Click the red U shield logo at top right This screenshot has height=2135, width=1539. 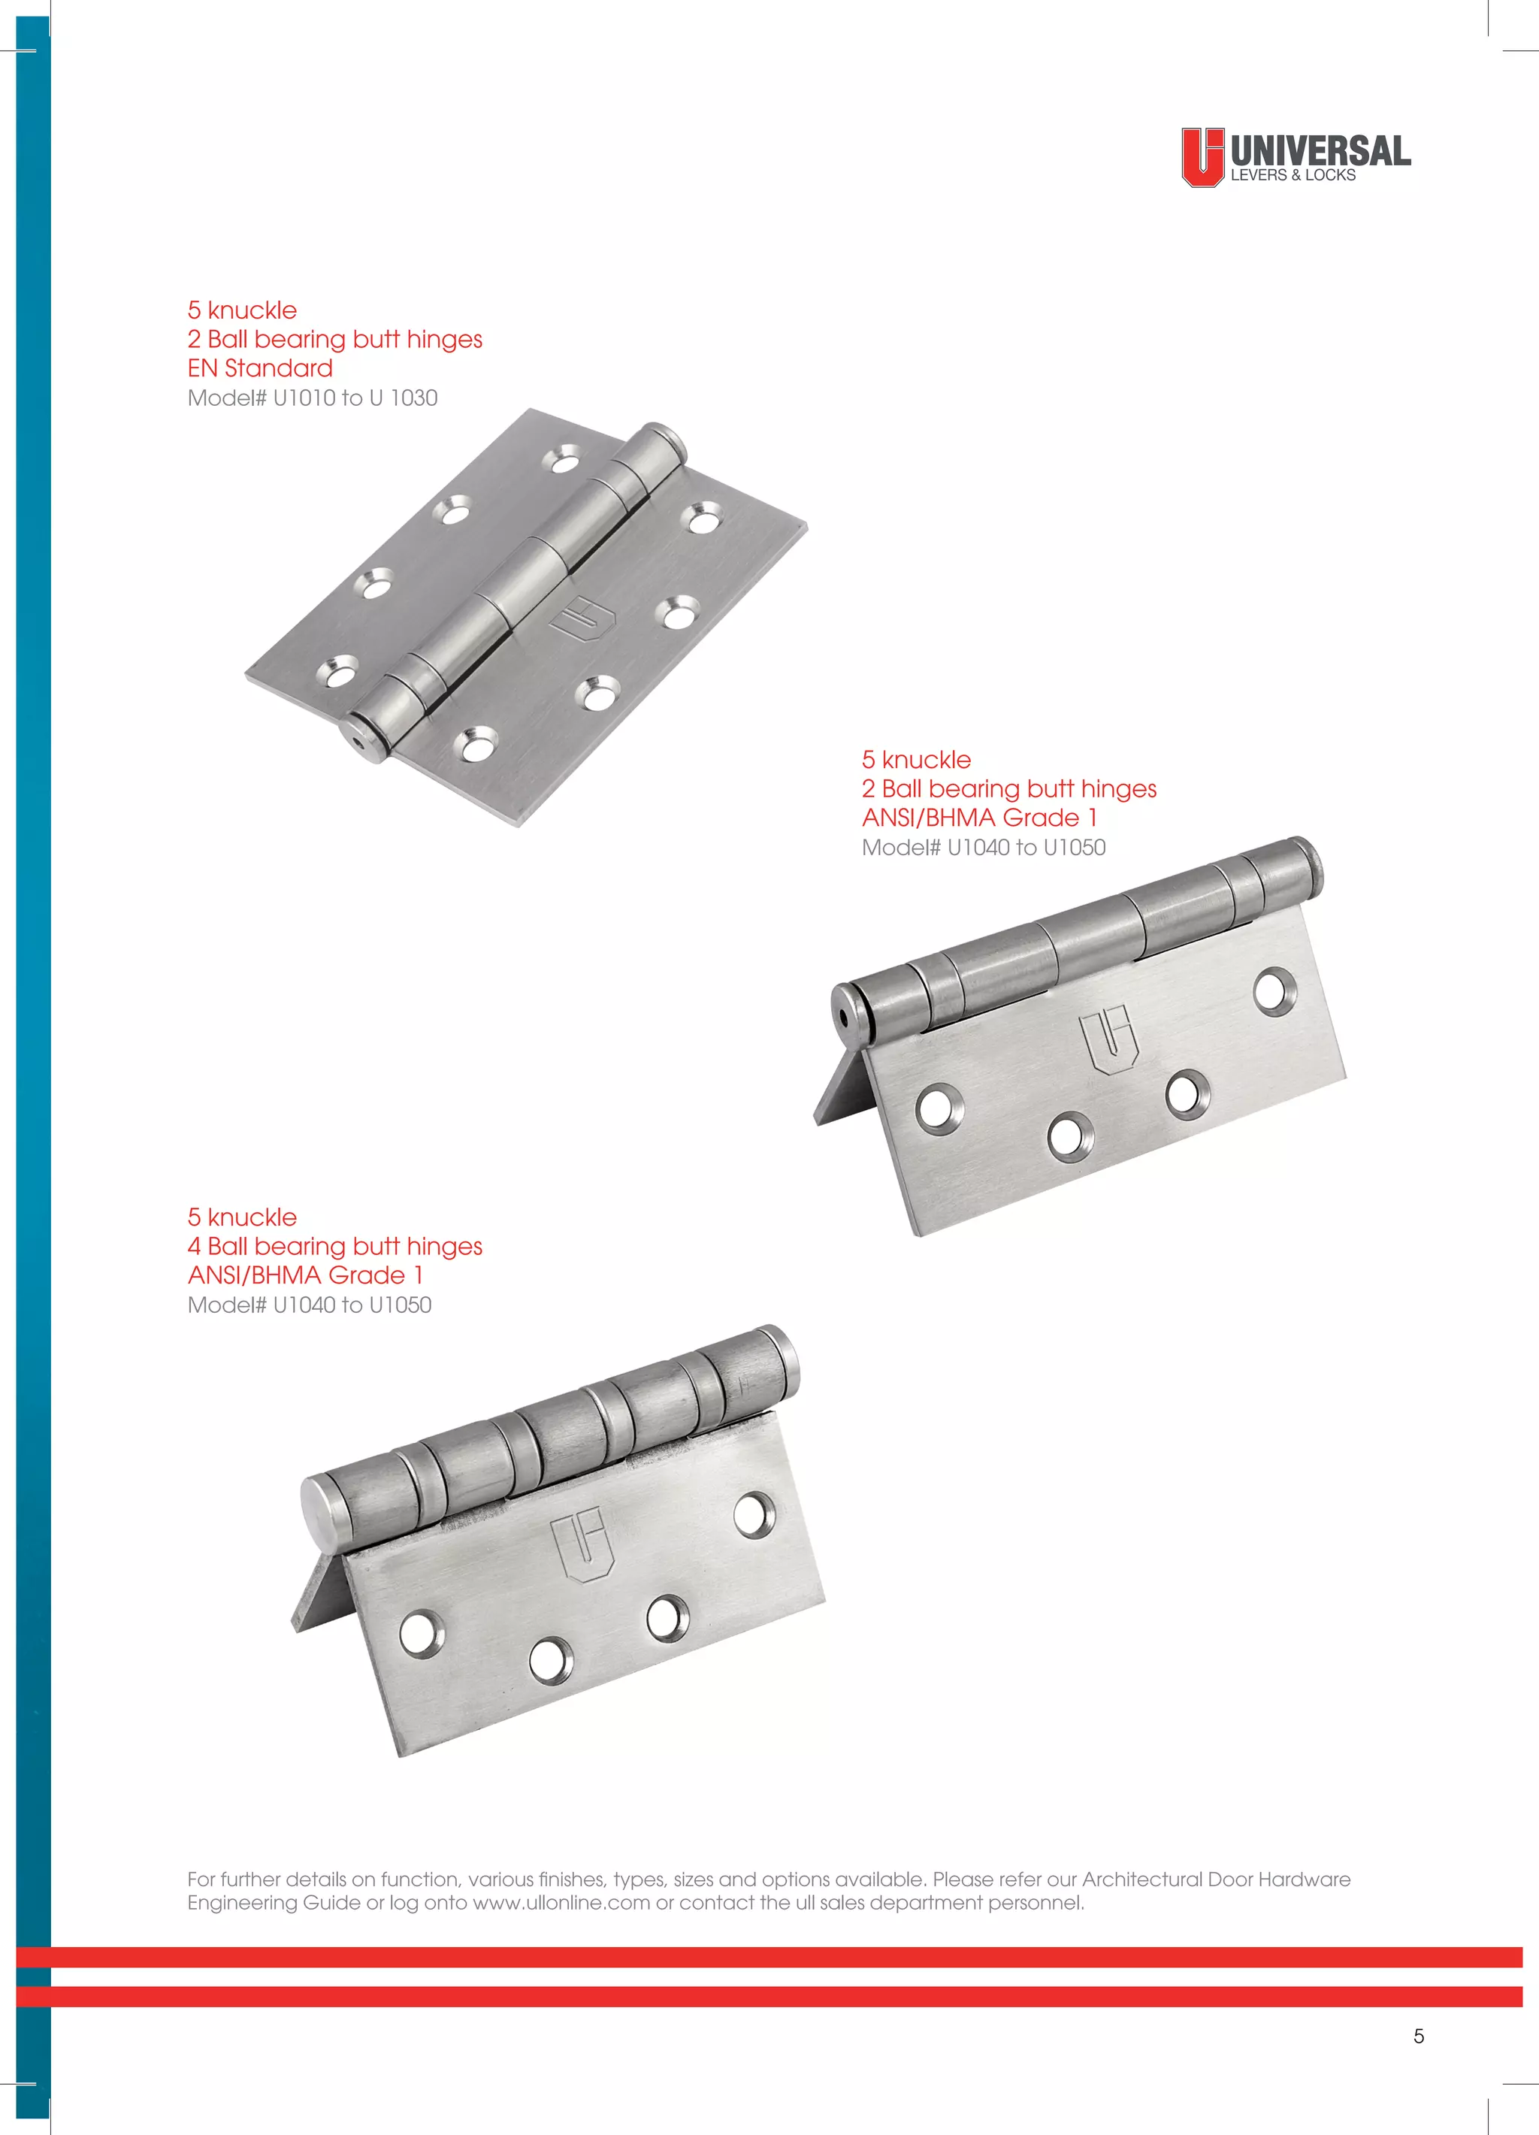1202,156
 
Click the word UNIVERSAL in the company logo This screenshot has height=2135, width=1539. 1320,150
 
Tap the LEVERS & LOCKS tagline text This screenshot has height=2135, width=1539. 1293,175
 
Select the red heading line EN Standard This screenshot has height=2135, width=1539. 260,368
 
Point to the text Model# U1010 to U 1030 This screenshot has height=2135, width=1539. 313,398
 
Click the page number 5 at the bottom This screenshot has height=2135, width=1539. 1419,2036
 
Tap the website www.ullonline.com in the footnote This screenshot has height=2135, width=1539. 561,1903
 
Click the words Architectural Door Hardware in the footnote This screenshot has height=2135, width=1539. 1216,1879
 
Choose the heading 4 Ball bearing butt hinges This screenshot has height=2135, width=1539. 334,1247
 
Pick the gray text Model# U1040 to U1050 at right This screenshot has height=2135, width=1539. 984,847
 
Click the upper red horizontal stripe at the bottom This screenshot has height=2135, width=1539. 769,1957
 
